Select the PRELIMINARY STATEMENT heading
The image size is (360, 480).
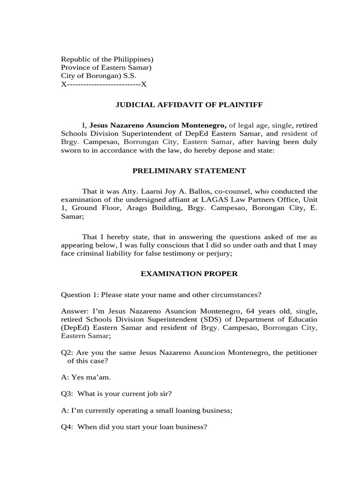(189, 171)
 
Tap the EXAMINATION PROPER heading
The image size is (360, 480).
(189, 274)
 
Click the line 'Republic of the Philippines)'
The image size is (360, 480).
(107, 59)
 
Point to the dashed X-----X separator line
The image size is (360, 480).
(104, 84)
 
